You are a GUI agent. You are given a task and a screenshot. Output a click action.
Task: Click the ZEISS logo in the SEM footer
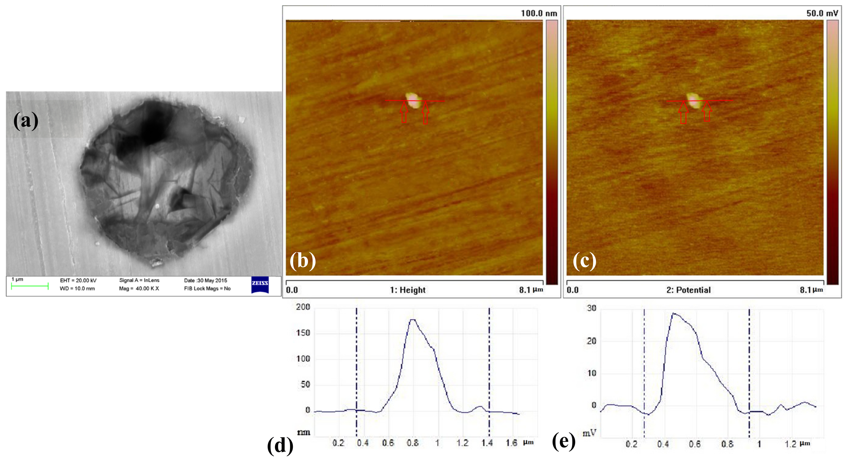[260, 284]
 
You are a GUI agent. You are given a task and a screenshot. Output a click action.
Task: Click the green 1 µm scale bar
[29, 286]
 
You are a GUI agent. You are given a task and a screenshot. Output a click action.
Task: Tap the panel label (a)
[26, 121]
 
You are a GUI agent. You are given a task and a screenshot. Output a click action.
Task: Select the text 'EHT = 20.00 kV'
[78, 280]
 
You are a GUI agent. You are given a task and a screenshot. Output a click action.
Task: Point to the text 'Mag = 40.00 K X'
[139, 289]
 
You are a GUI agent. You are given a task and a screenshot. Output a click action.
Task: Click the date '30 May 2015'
[212, 280]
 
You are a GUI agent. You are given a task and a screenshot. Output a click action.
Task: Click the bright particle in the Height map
[413, 100]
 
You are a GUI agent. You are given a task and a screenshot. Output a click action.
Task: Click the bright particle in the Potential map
[694, 100]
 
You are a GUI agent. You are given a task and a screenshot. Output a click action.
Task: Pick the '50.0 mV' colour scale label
[822, 14]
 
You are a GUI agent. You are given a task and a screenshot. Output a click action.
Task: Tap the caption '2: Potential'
[688, 290]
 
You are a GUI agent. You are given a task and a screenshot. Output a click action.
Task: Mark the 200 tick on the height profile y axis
[303, 307]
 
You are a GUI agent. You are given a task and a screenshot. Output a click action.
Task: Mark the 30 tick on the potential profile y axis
[592, 308]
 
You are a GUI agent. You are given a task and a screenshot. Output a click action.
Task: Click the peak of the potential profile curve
[673, 314]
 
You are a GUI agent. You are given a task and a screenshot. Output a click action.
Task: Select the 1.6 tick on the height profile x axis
[511, 443]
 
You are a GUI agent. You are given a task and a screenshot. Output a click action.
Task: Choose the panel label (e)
[564, 441]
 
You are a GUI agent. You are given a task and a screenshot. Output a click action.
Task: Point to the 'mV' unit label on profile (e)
[589, 433]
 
